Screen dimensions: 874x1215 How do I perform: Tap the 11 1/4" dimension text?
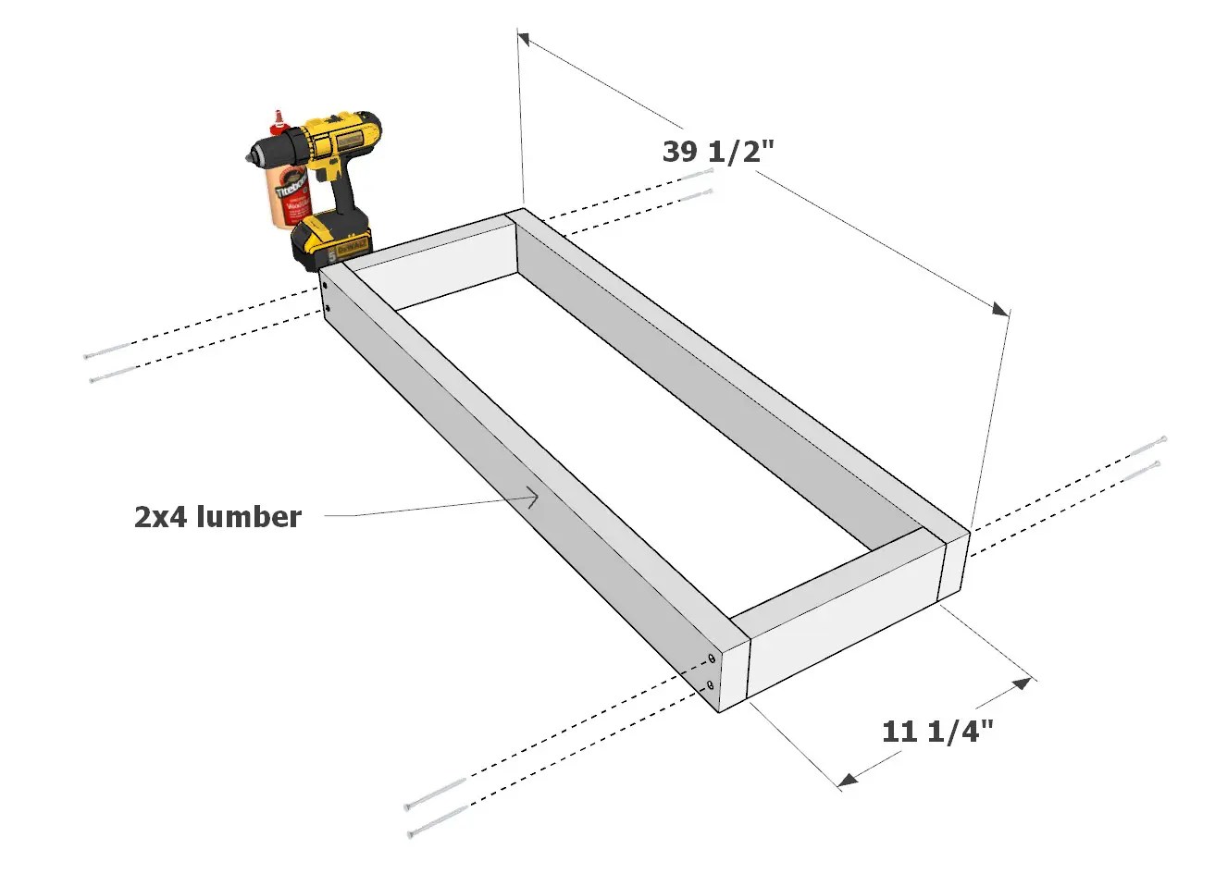pyautogui.click(x=937, y=732)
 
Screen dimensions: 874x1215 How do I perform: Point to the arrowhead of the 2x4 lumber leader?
pyautogui.click(x=533, y=499)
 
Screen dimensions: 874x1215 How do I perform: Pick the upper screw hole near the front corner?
pyautogui.click(x=711, y=659)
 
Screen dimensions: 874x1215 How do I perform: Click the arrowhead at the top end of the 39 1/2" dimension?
pyautogui.click(x=524, y=39)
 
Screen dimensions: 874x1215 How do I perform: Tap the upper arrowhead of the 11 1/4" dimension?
pyautogui.click(x=1019, y=684)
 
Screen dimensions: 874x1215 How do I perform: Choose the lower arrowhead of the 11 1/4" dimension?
pyautogui.click(x=847, y=782)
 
